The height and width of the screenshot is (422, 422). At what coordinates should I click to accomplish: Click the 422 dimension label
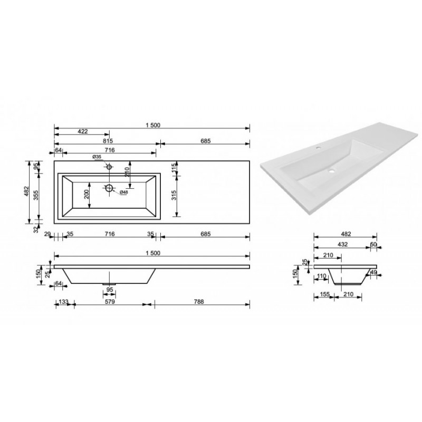tap(83, 131)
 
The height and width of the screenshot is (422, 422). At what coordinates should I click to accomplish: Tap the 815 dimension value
tap(108, 141)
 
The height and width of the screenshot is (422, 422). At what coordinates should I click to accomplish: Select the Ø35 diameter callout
tap(97, 157)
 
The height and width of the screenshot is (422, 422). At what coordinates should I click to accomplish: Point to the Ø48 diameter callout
tap(123, 192)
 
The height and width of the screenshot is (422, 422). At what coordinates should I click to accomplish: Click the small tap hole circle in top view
tap(109, 167)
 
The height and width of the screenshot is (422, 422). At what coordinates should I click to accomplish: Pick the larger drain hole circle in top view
tap(109, 188)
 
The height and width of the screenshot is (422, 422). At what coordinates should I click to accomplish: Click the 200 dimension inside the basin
tap(87, 194)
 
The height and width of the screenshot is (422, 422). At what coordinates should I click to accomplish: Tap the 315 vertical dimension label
tap(174, 195)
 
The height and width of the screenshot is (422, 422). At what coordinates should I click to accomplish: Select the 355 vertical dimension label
tap(36, 195)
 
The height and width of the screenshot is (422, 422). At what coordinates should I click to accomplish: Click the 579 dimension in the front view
tap(110, 302)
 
